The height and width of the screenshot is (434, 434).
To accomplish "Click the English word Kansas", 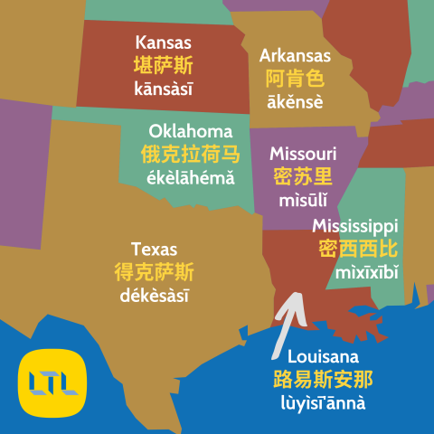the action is (163, 42).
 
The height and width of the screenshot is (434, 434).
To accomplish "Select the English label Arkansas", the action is (295, 56).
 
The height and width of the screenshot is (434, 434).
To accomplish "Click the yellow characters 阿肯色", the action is (295, 79).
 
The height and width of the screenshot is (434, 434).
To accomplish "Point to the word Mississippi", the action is (354, 225).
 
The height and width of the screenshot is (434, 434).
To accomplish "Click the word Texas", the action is (154, 249).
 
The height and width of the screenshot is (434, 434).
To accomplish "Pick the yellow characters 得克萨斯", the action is (154, 271).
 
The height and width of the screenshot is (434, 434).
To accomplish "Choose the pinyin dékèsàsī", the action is (154, 295).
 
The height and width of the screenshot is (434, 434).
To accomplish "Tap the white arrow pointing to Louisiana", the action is (288, 316).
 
